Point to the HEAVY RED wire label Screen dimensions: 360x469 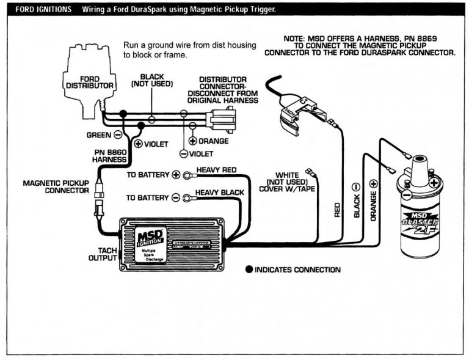pyautogui.click(x=216, y=169)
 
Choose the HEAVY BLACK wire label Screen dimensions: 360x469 pyautogui.click(x=219, y=193)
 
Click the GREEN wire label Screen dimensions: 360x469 pyautogui.click(x=97, y=134)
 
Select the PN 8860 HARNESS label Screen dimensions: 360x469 pyautogui.click(x=110, y=156)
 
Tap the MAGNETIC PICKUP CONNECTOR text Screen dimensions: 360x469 pyautogui.click(x=56, y=186)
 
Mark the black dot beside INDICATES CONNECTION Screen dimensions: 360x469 pyautogui.click(x=249, y=270)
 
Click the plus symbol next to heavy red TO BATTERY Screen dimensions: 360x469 pyautogui.click(x=176, y=175)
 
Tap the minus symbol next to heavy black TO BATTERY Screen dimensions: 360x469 pyautogui.click(x=176, y=197)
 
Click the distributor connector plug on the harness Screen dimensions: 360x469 pyautogui.click(x=218, y=117)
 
